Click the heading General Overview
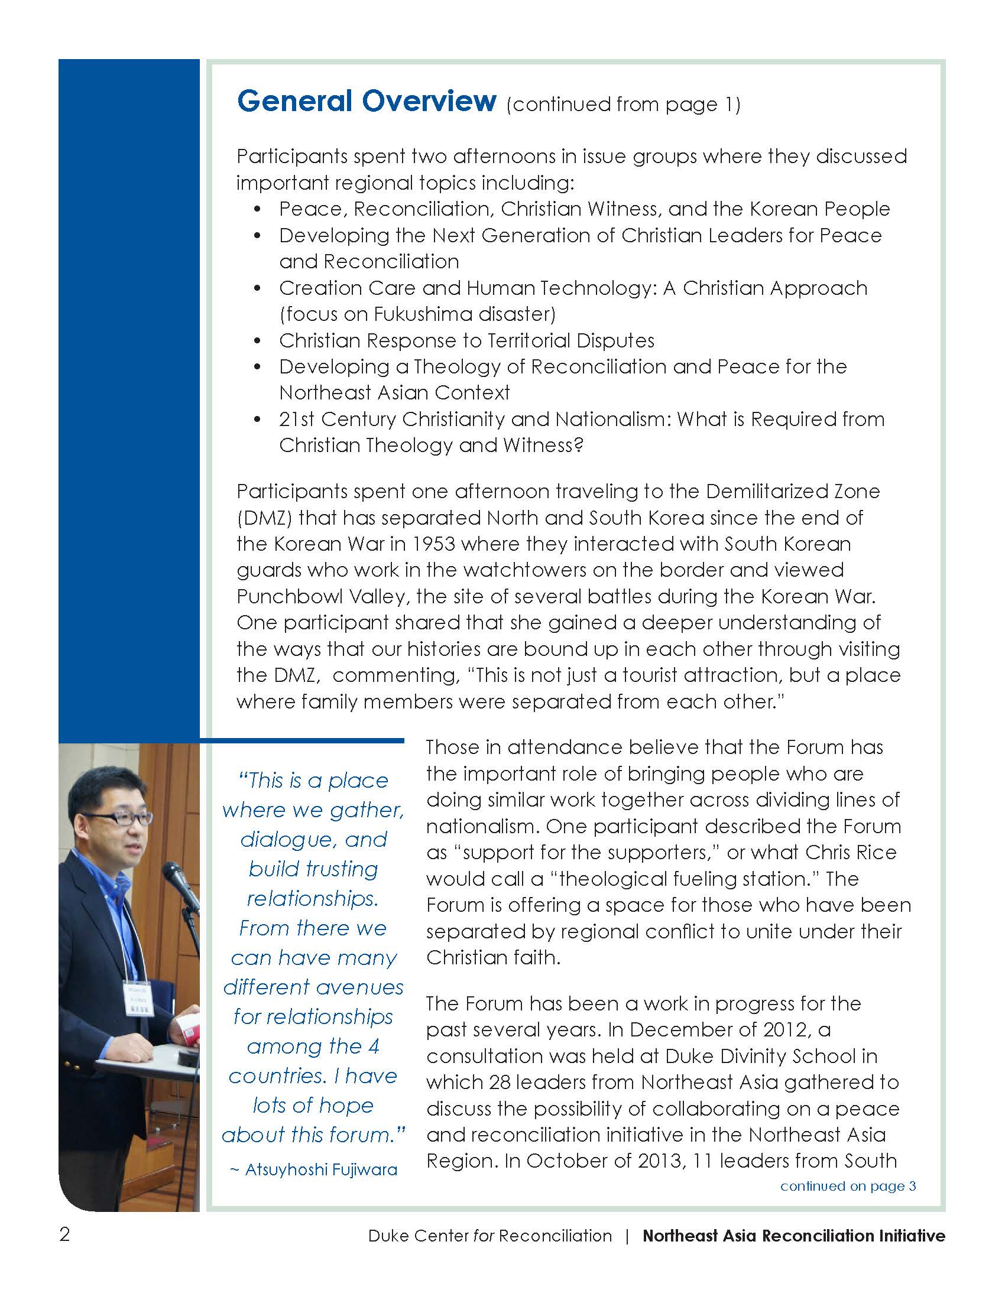click(x=366, y=101)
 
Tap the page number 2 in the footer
click(x=65, y=1234)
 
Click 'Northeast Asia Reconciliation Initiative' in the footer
click(x=793, y=1236)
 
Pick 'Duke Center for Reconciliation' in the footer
click(x=489, y=1236)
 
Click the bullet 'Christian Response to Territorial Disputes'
click(x=466, y=340)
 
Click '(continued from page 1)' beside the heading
click(x=623, y=105)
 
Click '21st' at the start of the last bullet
click(x=297, y=419)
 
